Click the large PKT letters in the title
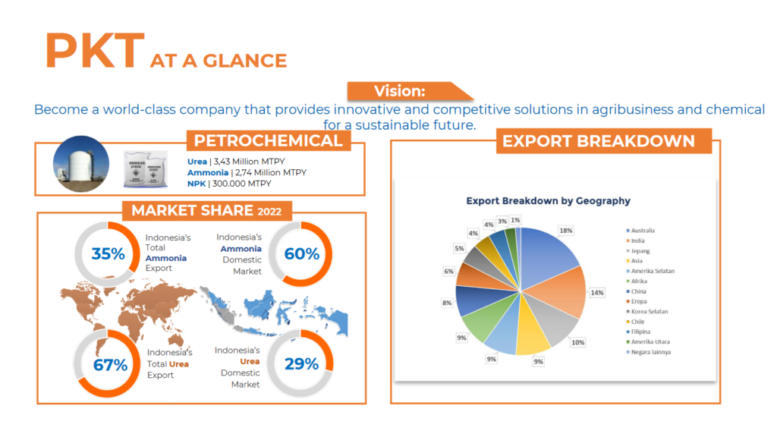(x=94, y=52)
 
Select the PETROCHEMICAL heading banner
(x=268, y=141)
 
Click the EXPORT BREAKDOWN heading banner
(x=598, y=141)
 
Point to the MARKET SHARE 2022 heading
(x=201, y=211)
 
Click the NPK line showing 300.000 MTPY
(x=229, y=184)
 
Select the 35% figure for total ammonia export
(x=108, y=254)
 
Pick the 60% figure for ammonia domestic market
(x=301, y=254)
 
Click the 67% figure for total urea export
(x=110, y=365)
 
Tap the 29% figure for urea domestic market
(x=301, y=364)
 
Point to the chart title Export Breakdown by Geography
(x=548, y=201)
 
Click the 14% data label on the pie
(x=598, y=293)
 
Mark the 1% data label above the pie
(x=516, y=220)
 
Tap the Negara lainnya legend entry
(x=652, y=352)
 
